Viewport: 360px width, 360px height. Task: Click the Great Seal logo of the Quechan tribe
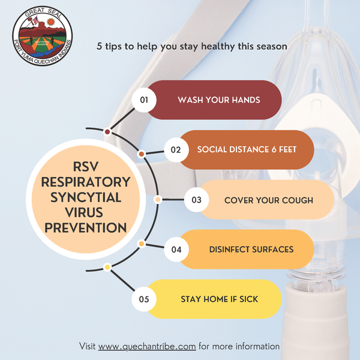pos(43,36)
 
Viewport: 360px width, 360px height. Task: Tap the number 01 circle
pos(144,100)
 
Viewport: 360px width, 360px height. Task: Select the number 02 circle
pos(176,149)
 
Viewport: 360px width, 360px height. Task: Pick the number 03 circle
pos(197,200)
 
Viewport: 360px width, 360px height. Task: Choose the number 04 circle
pos(176,250)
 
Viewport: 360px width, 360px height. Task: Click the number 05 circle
pos(144,299)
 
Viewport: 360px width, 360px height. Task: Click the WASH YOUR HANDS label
pos(219,100)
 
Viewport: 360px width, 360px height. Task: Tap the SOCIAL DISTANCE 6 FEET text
pos(247,149)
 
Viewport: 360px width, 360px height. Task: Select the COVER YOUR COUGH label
pos(269,200)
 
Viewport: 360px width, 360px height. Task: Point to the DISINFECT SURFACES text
pos(251,250)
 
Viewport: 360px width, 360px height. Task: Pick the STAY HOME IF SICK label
pos(220,299)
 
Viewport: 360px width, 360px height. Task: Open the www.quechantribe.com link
pos(147,346)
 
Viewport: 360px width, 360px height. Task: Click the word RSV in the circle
pos(86,166)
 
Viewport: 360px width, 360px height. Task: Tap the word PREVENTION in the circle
pos(86,228)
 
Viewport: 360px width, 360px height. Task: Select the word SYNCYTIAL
pos(86,197)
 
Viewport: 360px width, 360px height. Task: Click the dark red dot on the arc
pos(107,132)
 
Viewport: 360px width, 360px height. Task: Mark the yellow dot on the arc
pos(107,267)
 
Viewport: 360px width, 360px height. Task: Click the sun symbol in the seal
pos(51,22)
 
